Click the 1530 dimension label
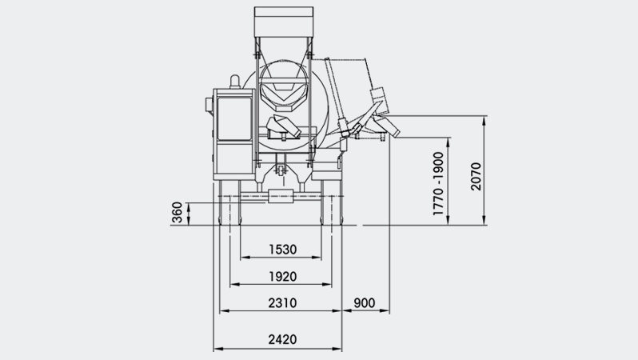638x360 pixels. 282,250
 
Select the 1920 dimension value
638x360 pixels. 282,277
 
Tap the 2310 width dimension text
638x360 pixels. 282,303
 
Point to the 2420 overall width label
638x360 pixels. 282,339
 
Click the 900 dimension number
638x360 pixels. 364,303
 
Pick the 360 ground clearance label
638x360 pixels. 177,212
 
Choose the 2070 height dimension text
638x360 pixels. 476,176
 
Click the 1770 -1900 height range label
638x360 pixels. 438,184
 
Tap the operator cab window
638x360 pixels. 234,118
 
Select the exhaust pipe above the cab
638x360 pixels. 235,82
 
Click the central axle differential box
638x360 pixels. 281,196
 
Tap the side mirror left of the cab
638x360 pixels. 209,105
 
